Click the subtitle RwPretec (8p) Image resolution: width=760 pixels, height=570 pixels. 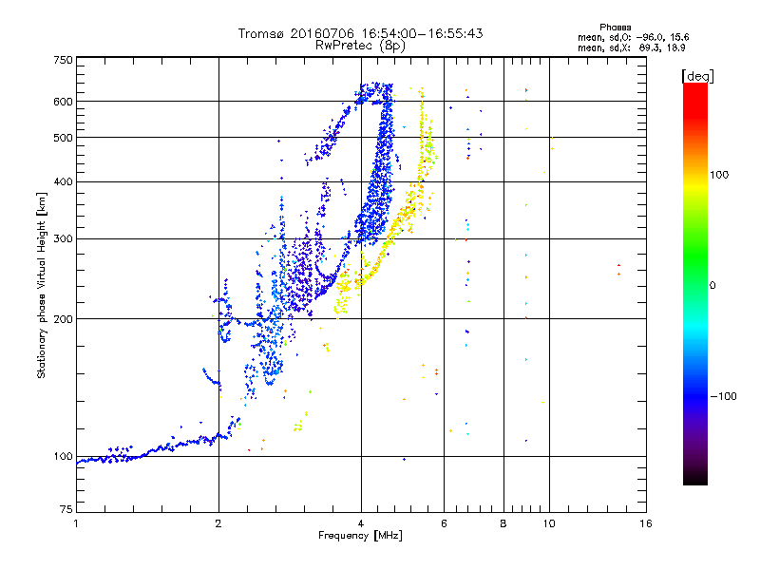pyautogui.click(x=360, y=46)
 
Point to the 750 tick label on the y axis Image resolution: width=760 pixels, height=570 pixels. pyautogui.click(x=63, y=60)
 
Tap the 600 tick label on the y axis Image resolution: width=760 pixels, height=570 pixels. pyautogui.click(x=63, y=102)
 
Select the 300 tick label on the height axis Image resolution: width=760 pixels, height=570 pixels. pyautogui.click(x=63, y=239)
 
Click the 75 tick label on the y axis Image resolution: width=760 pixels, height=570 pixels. pyautogui.click(x=66, y=509)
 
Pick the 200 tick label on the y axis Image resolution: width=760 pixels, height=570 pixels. pyautogui.click(x=63, y=319)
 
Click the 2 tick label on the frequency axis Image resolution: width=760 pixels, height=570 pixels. pyautogui.click(x=218, y=523)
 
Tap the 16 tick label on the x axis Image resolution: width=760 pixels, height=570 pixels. pyautogui.click(x=646, y=523)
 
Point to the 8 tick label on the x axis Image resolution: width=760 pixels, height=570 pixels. pyautogui.click(x=503, y=523)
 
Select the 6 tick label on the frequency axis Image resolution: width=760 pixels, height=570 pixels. pyautogui.click(x=444, y=523)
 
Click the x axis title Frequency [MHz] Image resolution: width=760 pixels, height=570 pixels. pyautogui.click(x=360, y=536)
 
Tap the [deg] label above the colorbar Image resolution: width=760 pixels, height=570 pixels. pyautogui.click(x=697, y=76)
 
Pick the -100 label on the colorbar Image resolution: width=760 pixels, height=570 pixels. pyautogui.click(x=723, y=396)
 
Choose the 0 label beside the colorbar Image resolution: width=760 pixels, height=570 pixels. pyautogui.click(x=712, y=286)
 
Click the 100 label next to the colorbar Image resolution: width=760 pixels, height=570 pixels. pyautogui.click(x=719, y=175)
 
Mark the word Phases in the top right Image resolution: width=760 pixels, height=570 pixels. pyautogui.click(x=615, y=28)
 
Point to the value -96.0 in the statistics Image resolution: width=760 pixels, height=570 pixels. pyautogui.click(x=649, y=38)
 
